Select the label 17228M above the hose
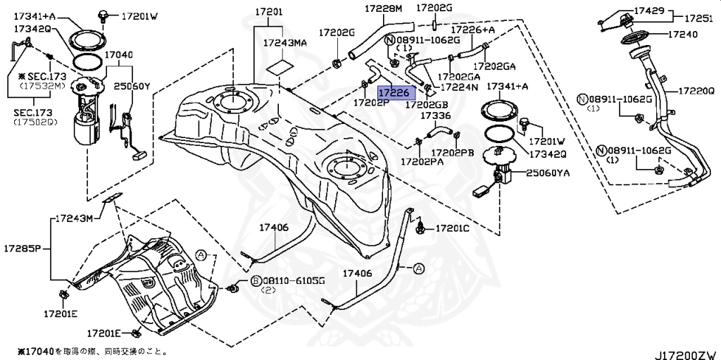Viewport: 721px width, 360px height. point(383,8)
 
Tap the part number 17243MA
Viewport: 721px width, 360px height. point(285,43)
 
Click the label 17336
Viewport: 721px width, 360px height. point(436,115)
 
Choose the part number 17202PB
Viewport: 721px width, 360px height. point(453,152)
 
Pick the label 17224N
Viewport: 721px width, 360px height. point(459,87)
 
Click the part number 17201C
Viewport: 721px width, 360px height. point(452,228)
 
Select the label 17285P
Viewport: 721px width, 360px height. point(23,248)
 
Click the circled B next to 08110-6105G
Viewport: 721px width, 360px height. point(256,280)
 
